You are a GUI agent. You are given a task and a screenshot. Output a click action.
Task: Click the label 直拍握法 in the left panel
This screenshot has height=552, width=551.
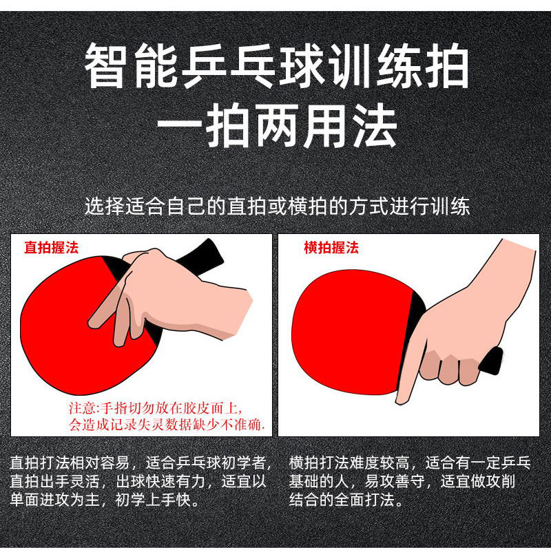tap(51, 248)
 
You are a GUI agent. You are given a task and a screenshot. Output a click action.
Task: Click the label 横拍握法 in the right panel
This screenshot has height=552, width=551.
tap(331, 248)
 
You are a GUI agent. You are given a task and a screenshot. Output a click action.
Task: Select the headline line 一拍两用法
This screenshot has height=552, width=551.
tap(275, 127)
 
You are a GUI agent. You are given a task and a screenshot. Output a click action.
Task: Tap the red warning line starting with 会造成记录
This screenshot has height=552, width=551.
tap(167, 423)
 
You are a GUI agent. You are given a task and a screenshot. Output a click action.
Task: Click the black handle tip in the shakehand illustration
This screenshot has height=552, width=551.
tap(493, 361)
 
